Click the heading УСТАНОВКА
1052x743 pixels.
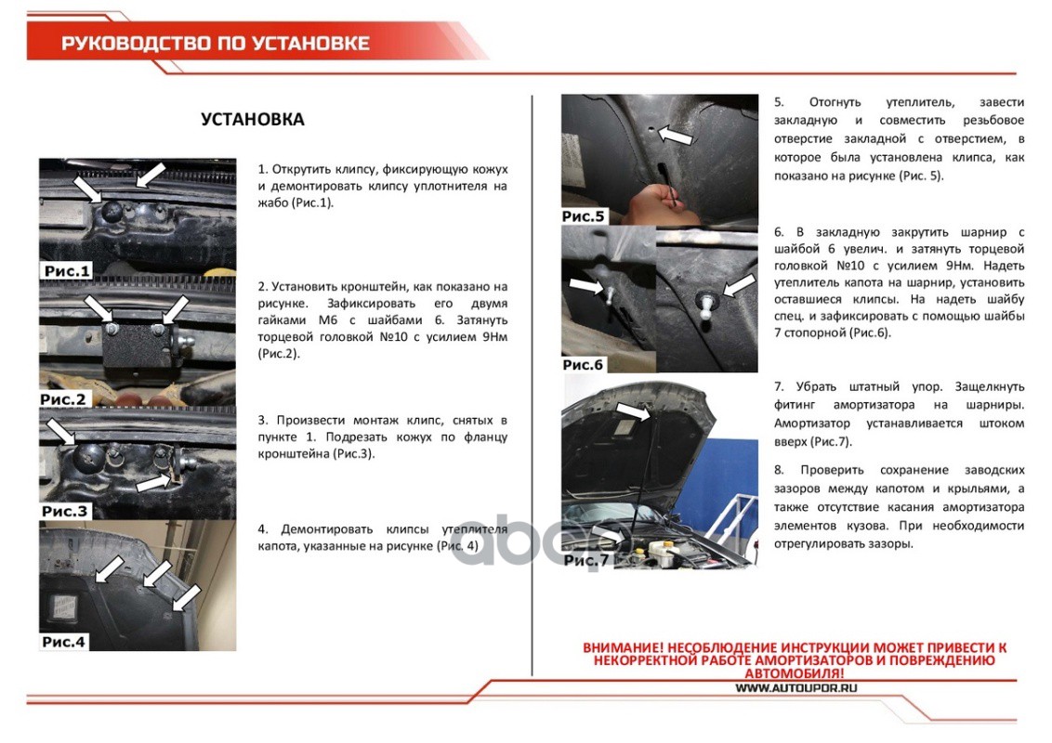click(252, 120)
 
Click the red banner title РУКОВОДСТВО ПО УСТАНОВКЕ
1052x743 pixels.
click(216, 44)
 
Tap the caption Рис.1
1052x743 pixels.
click(66, 271)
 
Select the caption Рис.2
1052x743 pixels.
click(63, 399)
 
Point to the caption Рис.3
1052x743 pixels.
click(64, 511)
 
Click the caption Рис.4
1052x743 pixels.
click(64, 642)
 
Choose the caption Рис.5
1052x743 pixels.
click(583, 215)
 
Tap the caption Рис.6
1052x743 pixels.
click(583, 365)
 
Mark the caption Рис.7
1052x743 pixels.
click(585, 560)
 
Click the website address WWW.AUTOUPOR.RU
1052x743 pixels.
click(796, 688)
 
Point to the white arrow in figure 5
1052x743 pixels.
click(675, 135)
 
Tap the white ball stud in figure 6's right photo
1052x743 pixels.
click(705, 306)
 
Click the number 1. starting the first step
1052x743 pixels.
click(262, 169)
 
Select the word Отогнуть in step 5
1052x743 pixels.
click(835, 102)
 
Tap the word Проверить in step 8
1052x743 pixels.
click(832, 470)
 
